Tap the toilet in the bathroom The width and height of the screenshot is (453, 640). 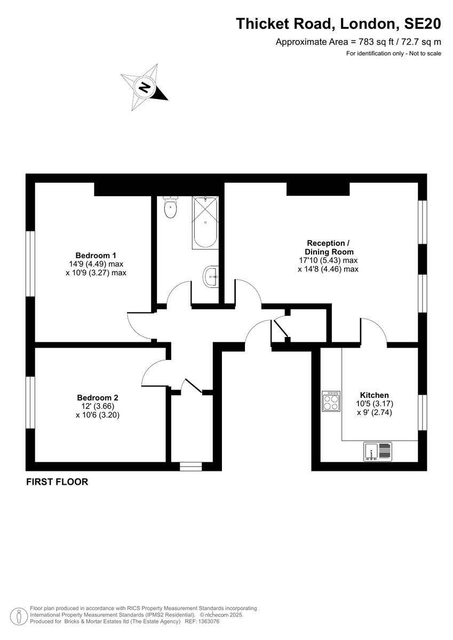click(171, 207)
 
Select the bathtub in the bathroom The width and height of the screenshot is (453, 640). click(204, 222)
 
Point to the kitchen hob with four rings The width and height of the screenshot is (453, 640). click(331, 401)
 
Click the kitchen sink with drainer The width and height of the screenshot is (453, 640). click(378, 451)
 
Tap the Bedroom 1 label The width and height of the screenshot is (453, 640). click(96, 255)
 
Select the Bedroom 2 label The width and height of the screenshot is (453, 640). click(97, 397)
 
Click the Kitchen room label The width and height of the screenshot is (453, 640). click(374, 395)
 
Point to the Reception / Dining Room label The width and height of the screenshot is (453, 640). click(328, 247)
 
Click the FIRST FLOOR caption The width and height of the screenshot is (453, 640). click(57, 482)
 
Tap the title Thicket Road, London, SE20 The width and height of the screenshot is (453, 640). click(339, 24)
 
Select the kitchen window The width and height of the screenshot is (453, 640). click(423, 412)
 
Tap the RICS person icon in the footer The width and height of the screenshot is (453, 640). click(19, 615)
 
